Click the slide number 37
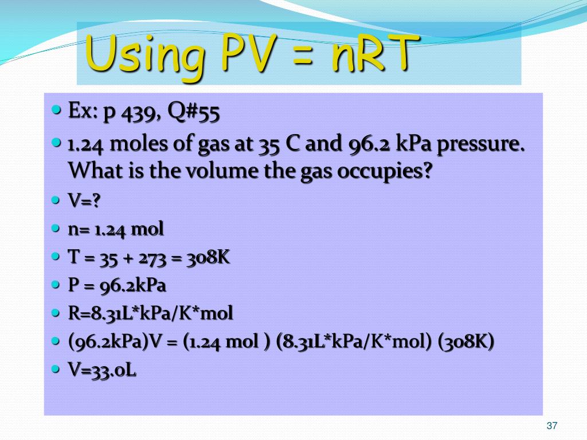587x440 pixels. coord(552,426)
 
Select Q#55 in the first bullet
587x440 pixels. coord(194,113)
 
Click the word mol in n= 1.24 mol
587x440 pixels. coord(148,229)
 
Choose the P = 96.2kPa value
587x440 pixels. coord(117,285)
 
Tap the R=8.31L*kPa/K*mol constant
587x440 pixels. coord(151,313)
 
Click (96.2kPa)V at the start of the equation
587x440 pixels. coord(115,342)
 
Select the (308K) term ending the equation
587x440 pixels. coord(466,342)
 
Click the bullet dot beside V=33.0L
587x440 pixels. coord(56,370)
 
